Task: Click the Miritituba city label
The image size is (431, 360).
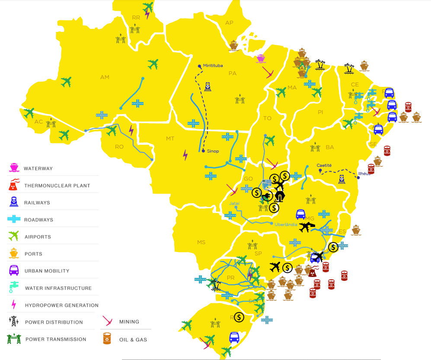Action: [x=213, y=65]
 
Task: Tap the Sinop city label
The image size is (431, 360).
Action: [x=213, y=151]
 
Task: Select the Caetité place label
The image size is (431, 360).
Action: [x=324, y=165]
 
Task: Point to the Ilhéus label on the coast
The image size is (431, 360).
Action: [x=364, y=173]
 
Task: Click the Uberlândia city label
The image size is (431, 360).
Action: [x=286, y=224]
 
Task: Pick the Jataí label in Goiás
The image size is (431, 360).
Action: [x=234, y=203]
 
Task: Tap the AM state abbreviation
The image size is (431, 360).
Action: [x=105, y=77]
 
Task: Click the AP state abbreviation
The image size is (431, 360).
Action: [x=229, y=23]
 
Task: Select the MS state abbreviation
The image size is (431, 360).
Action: [x=201, y=242]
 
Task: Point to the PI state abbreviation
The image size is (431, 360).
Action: [x=320, y=112]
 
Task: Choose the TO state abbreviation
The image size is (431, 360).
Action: [x=267, y=118]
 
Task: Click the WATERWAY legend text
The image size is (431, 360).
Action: [x=38, y=169]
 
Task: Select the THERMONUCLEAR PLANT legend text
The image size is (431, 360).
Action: [x=57, y=186]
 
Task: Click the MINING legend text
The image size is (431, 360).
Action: [x=129, y=322]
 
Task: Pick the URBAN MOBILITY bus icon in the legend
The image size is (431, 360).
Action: [x=14, y=271]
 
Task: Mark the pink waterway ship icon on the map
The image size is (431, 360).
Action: [x=260, y=58]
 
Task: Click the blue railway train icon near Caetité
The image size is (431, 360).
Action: [x=342, y=178]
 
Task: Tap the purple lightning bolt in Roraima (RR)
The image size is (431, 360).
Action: [x=147, y=14]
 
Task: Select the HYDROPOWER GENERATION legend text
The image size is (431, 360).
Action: [x=61, y=305]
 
